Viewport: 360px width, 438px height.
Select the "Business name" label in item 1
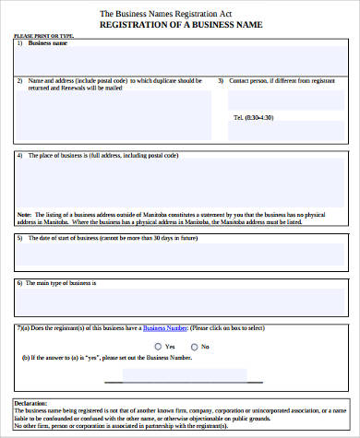(x=47, y=43)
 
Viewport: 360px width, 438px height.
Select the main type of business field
(x=181, y=299)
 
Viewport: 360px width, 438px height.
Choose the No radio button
(x=192, y=347)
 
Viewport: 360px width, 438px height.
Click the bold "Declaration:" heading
(x=33, y=403)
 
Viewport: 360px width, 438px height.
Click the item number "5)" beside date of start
(x=19, y=238)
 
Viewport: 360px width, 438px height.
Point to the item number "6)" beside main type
(x=19, y=282)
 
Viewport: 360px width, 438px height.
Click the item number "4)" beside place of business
(x=19, y=156)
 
